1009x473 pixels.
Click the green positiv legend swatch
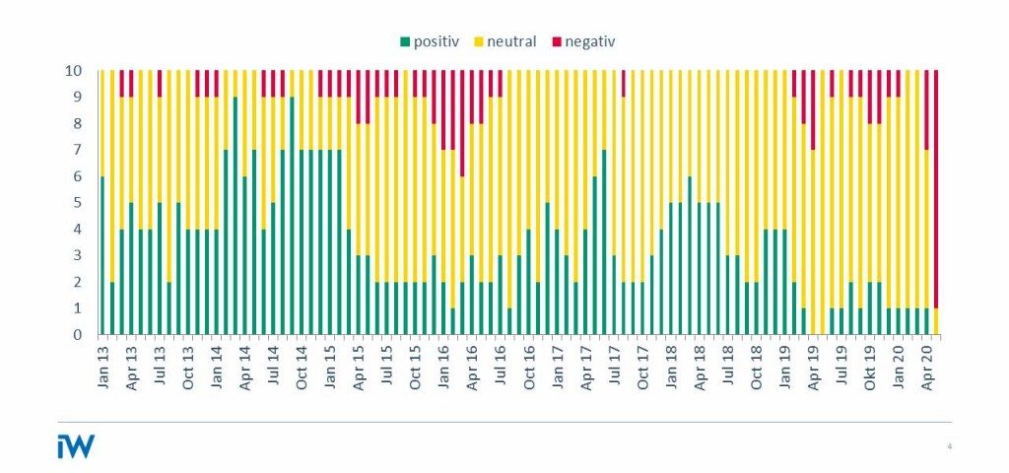click(405, 42)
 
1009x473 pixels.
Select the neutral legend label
click(511, 42)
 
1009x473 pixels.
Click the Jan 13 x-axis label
click(102, 365)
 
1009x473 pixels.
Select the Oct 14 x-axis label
click(302, 365)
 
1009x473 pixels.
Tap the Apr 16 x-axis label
click(472, 365)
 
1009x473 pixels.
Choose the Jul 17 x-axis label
click(614, 365)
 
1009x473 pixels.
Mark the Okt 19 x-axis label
click(870, 365)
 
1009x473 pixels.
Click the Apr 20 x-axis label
click(926, 365)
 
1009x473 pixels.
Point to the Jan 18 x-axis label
click(671, 365)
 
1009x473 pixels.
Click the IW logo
click(76, 445)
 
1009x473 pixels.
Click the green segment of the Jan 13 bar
click(102, 256)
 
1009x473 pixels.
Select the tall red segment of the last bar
click(936, 187)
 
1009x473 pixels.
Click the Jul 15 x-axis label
click(386, 365)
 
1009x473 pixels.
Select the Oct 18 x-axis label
click(757, 365)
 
